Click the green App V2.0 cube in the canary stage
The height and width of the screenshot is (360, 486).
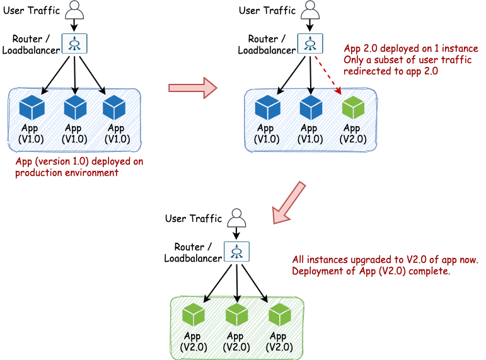(x=353, y=107)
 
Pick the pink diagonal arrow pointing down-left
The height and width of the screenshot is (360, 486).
(x=289, y=202)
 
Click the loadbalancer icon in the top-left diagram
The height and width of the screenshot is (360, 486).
(x=75, y=42)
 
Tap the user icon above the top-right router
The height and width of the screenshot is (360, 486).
(x=310, y=11)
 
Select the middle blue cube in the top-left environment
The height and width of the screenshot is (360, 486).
(x=75, y=107)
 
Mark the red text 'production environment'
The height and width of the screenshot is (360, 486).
(x=67, y=172)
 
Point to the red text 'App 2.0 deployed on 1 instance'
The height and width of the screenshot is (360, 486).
(x=410, y=49)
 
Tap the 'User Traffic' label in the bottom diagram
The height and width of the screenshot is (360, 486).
(x=194, y=219)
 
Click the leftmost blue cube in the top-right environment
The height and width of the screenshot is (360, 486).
(x=267, y=107)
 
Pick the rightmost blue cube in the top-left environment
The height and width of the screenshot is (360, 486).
(x=115, y=107)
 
